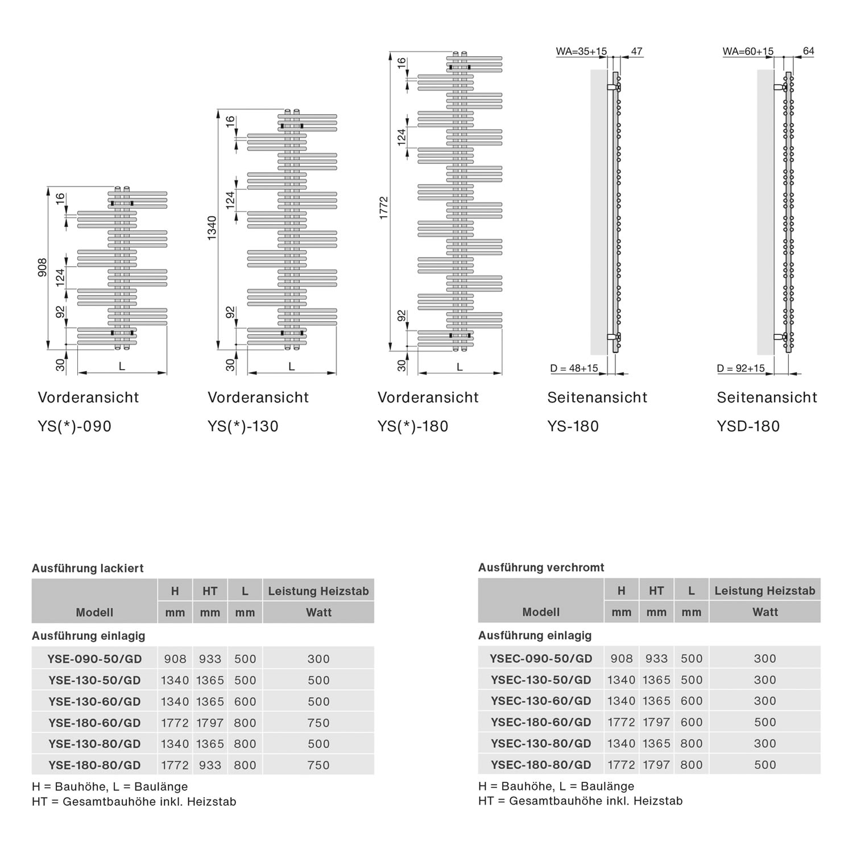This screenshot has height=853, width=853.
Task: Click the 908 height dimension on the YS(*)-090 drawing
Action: [x=43, y=268]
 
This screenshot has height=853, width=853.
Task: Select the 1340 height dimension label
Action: [x=212, y=227]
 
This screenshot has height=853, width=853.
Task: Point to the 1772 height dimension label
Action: [x=384, y=208]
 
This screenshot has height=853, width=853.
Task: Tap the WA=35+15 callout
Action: [x=581, y=51]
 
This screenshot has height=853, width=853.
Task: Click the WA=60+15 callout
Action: [x=748, y=51]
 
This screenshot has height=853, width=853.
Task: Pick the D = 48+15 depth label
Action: [x=574, y=368]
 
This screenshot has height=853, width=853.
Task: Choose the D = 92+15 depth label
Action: [x=741, y=368]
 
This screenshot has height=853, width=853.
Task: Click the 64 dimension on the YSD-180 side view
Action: [x=808, y=51]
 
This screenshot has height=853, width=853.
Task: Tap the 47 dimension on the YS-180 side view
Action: [x=636, y=51]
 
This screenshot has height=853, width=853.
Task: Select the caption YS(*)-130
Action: [x=243, y=426]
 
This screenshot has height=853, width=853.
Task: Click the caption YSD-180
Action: [x=748, y=426]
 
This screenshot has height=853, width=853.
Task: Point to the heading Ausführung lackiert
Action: [x=88, y=568]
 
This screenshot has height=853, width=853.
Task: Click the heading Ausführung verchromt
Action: [x=541, y=568]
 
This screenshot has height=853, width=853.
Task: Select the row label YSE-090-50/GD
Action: [x=94, y=659]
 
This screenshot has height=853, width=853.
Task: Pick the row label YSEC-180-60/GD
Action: [x=541, y=722]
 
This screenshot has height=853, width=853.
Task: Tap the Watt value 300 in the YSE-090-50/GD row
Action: [x=318, y=659]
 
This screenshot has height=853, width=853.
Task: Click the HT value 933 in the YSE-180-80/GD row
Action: [x=210, y=765]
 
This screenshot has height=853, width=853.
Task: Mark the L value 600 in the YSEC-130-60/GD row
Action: [x=691, y=701]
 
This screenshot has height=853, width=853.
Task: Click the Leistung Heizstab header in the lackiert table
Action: [x=318, y=591]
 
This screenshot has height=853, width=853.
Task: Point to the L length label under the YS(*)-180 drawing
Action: [x=459, y=367]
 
